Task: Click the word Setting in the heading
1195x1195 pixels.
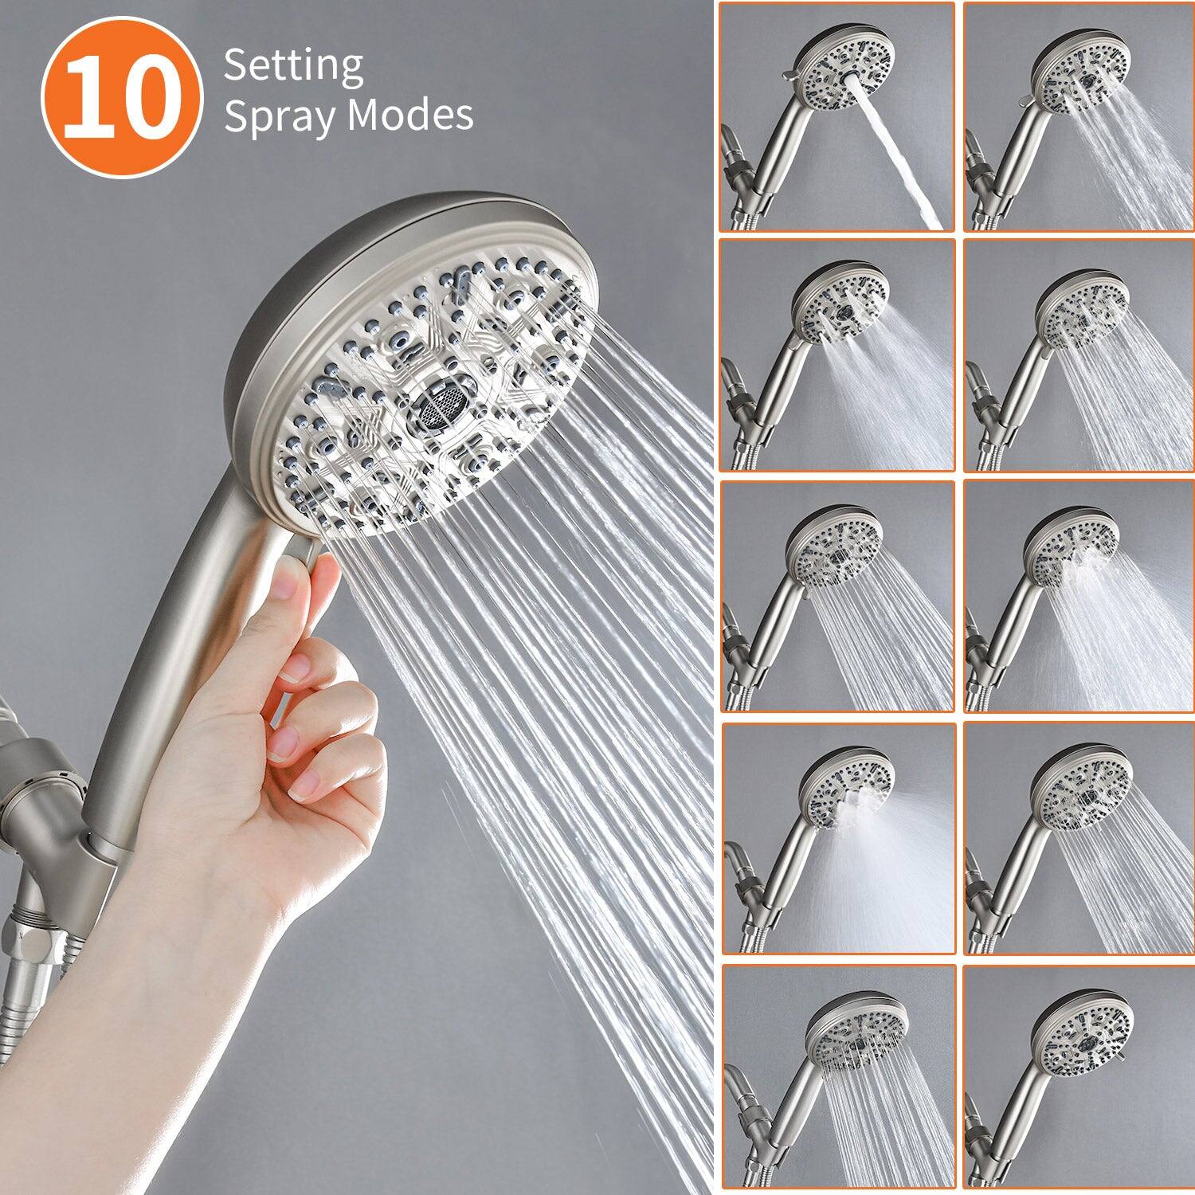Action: click(x=293, y=67)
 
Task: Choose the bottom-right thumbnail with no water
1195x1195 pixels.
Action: click(x=1079, y=1079)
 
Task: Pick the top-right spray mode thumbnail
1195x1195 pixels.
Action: click(x=1079, y=117)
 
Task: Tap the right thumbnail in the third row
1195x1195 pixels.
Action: click(x=1079, y=597)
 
